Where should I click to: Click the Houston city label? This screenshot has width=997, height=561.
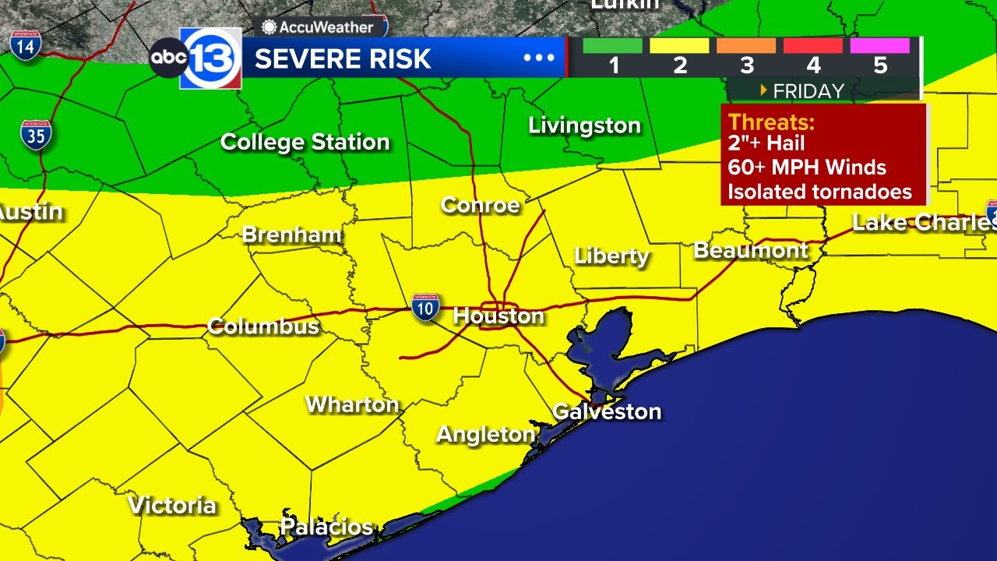498,316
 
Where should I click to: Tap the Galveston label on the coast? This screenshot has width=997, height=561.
607,411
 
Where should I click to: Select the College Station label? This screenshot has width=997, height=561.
305,142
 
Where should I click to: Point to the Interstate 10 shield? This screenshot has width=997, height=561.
425,308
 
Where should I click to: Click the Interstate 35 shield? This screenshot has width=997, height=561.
36,135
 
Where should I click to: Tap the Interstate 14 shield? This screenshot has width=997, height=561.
26,44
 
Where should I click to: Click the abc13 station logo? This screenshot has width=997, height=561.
196,58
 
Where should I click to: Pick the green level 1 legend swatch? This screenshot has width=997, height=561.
612,46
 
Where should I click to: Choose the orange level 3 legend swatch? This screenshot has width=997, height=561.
745,46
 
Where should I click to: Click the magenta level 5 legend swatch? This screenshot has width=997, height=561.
879,46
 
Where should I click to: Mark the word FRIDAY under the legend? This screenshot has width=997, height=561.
808,91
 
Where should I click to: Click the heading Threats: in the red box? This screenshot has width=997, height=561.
771,122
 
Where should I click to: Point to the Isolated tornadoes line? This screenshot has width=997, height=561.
819,191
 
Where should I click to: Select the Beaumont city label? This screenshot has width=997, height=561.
751,250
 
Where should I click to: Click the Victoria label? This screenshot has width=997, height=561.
171,505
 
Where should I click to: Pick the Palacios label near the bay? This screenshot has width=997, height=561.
326,527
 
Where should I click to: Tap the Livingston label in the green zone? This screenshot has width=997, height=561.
584,125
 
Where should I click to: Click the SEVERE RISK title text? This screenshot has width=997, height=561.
343,58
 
